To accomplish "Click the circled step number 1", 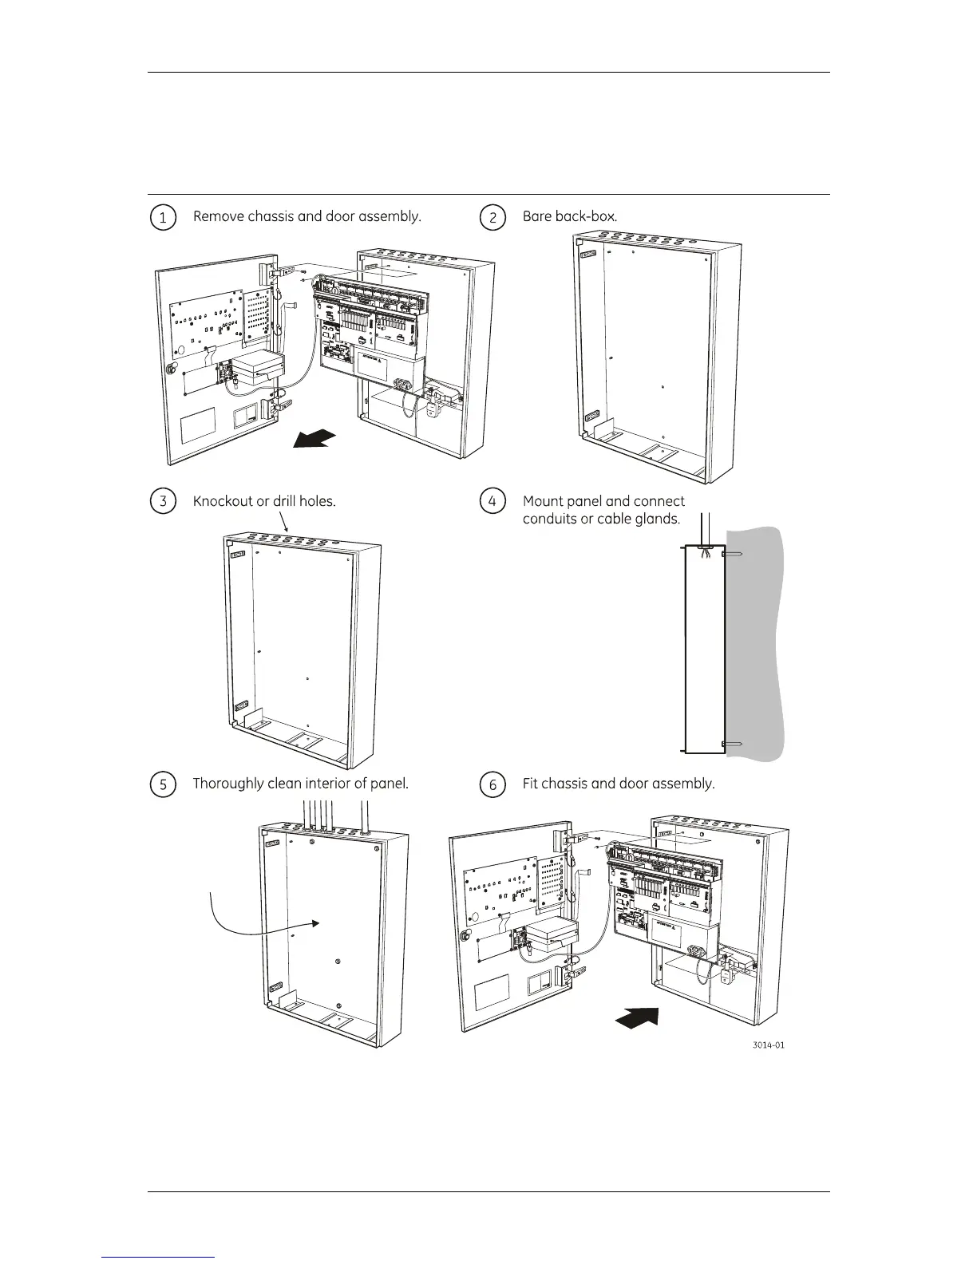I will [x=163, y=218].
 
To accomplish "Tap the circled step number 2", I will [x=492, y=218].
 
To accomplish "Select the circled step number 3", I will [x=163, y=502].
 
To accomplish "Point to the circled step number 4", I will [x=492, y=502].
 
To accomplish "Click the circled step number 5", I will [x=163, y=784].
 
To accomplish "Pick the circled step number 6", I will [x=492, y=784].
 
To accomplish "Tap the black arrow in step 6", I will [x=639, y=1018].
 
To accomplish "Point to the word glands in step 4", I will [x=656, y=519].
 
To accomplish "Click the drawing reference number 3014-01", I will [x=768, y=1045].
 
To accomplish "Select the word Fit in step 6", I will [x=530, y=784].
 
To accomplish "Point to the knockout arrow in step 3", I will [x=284, y=523].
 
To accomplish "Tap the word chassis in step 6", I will [x=564, y=784].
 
